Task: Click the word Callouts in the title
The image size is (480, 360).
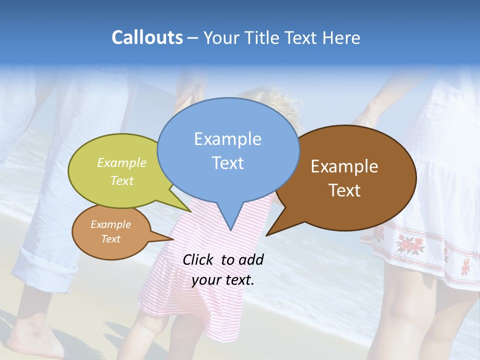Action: point(147,37)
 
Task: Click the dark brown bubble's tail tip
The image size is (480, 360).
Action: point(267,235)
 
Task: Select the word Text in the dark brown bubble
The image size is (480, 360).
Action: point(344,190)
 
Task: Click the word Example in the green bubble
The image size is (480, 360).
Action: point(122,162)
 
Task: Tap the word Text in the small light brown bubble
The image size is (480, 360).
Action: point(110,239)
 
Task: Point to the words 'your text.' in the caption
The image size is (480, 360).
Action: point(223,280)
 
